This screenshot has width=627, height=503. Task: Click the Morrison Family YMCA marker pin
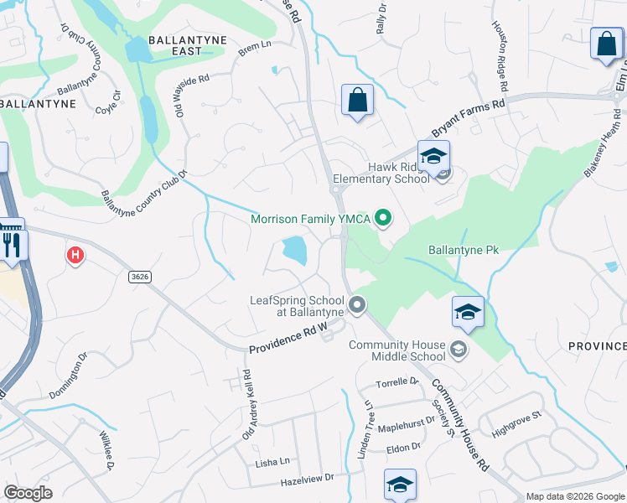click(384, 220)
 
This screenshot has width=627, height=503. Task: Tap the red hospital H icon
click(75, 255)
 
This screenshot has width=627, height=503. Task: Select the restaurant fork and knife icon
click(11, 243)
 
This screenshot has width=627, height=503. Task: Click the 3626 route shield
click(140, 276)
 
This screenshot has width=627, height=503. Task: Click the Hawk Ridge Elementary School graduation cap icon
click(433, 157)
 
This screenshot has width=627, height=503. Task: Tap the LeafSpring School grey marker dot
click(357, 305)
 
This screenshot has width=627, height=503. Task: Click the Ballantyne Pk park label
click(462, 250)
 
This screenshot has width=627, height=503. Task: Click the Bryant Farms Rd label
click(469, 119)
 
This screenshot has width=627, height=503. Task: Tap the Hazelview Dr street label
click(307, 479)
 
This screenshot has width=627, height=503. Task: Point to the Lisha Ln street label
click(272, 462)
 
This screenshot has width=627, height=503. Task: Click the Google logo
click(28, 493)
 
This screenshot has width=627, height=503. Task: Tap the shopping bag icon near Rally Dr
click(357, 101)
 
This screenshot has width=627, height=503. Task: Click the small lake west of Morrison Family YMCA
click(294, 249)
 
